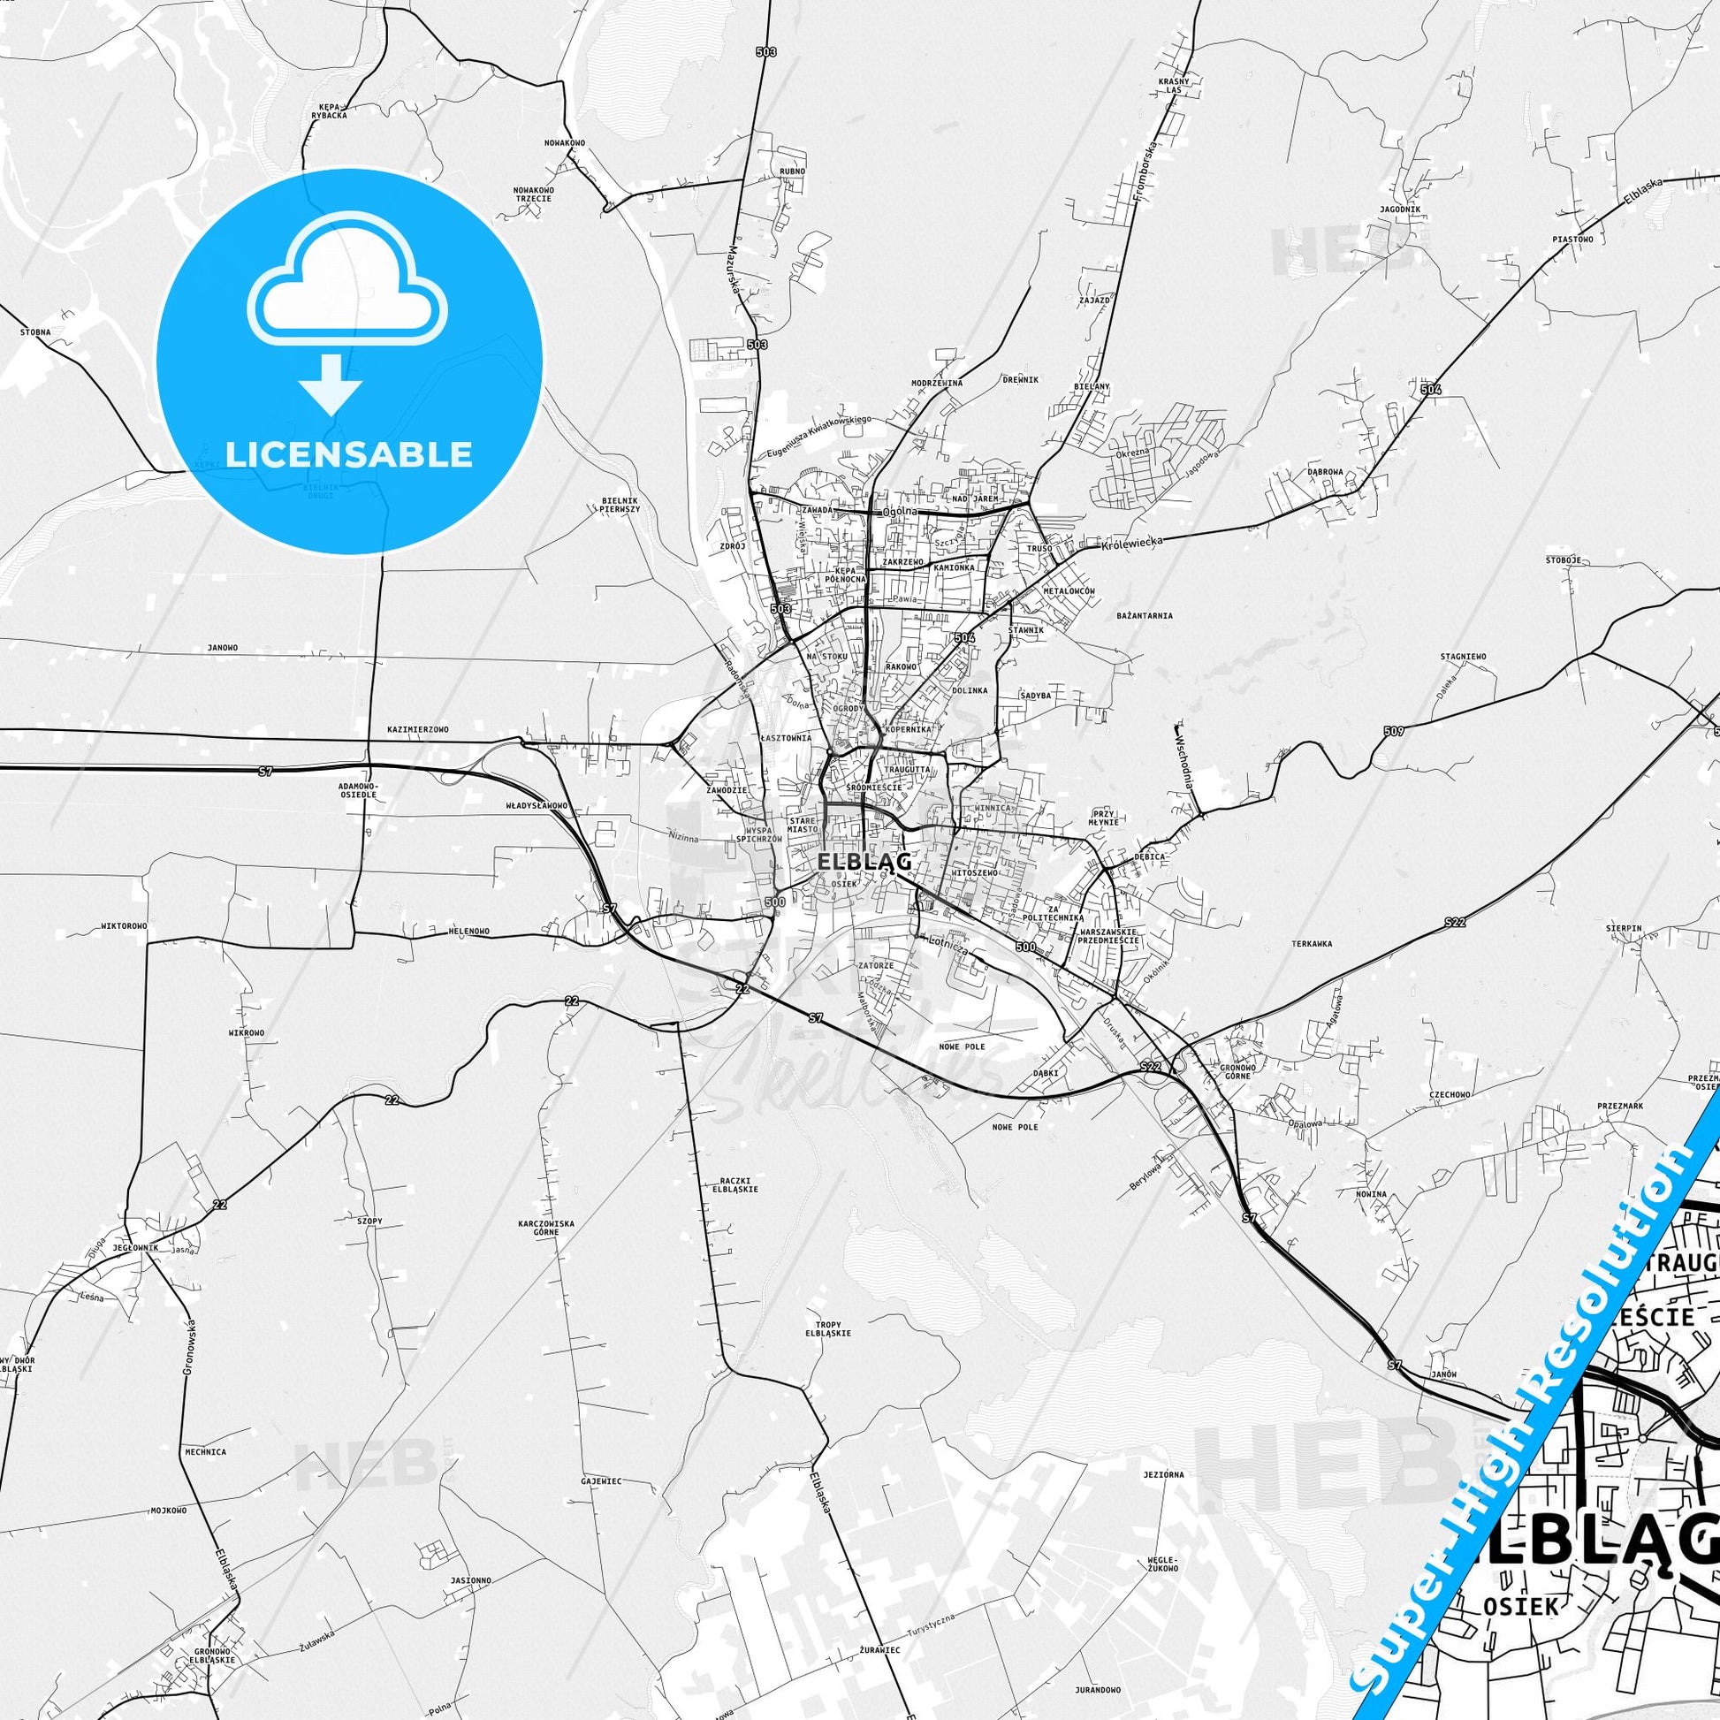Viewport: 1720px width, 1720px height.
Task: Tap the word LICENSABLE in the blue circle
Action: point(348,454)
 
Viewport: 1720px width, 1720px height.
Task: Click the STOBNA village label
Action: point(35,332)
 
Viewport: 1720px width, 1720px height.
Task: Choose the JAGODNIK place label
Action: point(1400,209)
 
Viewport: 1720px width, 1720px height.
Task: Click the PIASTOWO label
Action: point(1572,240)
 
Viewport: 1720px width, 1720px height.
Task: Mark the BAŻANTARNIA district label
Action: point(1144,615)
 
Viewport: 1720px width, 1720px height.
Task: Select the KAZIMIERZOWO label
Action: point(418,729)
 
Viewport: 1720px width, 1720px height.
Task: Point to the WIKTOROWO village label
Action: point(124,926)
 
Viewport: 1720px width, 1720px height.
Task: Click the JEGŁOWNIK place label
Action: point(135,1247)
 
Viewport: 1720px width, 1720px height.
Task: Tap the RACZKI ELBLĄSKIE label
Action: point(735,1185)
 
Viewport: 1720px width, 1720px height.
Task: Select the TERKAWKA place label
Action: point(1313,944)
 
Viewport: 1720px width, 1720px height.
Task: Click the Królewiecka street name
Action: point(1131,543)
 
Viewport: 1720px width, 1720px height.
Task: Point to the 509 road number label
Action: point(1393,731)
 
